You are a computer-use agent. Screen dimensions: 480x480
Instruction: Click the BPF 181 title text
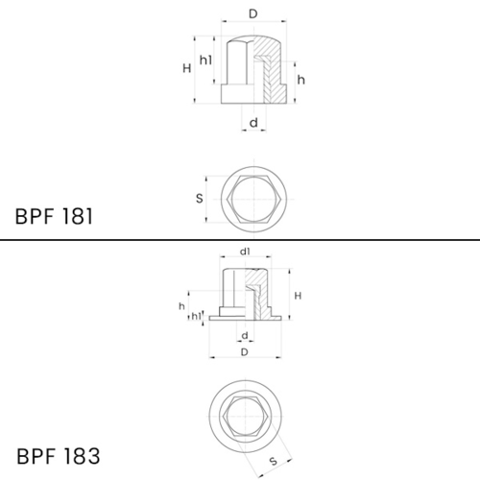pyautogui.click(x=54, y=216)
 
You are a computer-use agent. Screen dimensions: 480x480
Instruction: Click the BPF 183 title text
pyautogui.click(x=59, y=456)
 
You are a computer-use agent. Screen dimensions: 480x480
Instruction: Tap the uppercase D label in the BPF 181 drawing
pyautogui.click(x=253, y=13)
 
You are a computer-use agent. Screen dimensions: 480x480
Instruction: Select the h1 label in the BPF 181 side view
pyautogui.click(x=205, y=60)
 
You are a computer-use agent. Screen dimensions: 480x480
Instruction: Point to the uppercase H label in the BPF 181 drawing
pyautogui.click(x=187, y=68)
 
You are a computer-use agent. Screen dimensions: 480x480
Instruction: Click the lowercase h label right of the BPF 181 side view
pyautogui.click(x=301, y=80)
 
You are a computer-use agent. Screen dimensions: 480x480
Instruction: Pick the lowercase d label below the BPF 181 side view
pyautogui.click(x=253, y=123)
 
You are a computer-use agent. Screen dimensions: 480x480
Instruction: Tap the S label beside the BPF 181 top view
pyautogui.click(x=200, y=199)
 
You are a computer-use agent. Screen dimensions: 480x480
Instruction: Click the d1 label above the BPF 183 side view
pyautogui.click(x=245, y=252)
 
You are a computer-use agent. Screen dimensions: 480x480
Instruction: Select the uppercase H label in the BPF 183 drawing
pyautogui.click(x=298, y=296)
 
